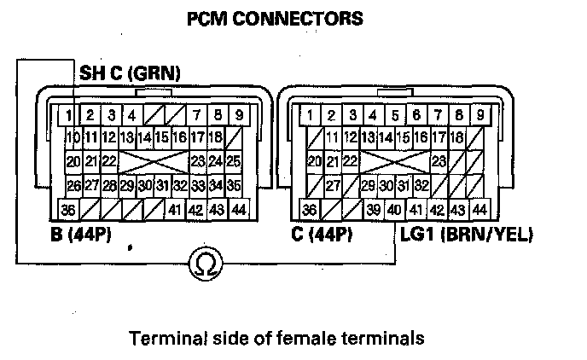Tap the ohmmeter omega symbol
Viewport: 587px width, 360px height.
204,262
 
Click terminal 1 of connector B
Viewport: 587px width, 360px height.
67,114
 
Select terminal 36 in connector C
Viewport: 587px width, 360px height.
311,209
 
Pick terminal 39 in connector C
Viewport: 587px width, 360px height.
373,209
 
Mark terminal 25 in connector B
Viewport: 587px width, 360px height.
233,160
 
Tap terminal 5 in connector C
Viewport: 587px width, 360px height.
395,114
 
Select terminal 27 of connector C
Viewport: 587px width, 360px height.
333,184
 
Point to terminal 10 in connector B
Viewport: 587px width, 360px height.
73,136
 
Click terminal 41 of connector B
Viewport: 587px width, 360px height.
175,209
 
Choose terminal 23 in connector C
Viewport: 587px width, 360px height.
440,160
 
